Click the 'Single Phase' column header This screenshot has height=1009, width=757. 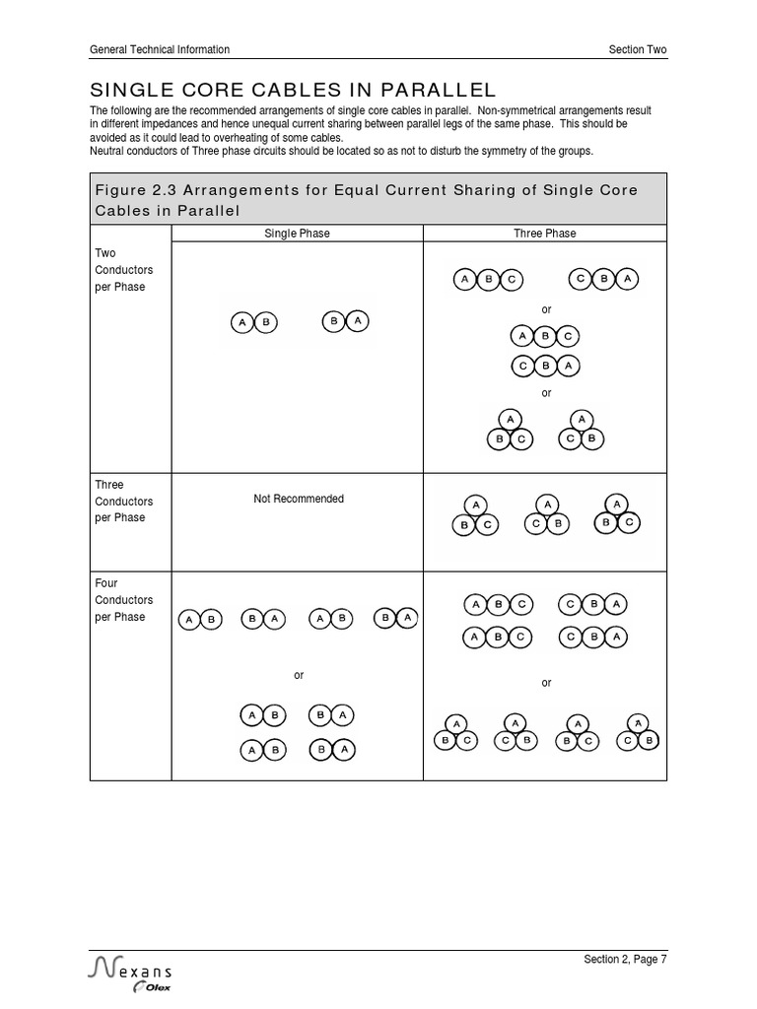coord(297,233)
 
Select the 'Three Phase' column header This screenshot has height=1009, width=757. coord(545,233)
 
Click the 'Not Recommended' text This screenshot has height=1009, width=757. coord(299,499)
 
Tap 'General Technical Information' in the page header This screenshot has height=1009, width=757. coord(160,49)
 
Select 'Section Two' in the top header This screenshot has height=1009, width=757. coord(638,49)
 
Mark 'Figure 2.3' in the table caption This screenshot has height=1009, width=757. coord(135,189)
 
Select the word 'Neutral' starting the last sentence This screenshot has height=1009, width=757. coord(107,151)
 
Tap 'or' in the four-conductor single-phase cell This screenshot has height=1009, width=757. coord(299,675)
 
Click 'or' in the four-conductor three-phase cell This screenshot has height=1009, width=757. coord(546,683)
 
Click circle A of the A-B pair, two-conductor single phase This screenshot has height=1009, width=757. coord(242,322)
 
